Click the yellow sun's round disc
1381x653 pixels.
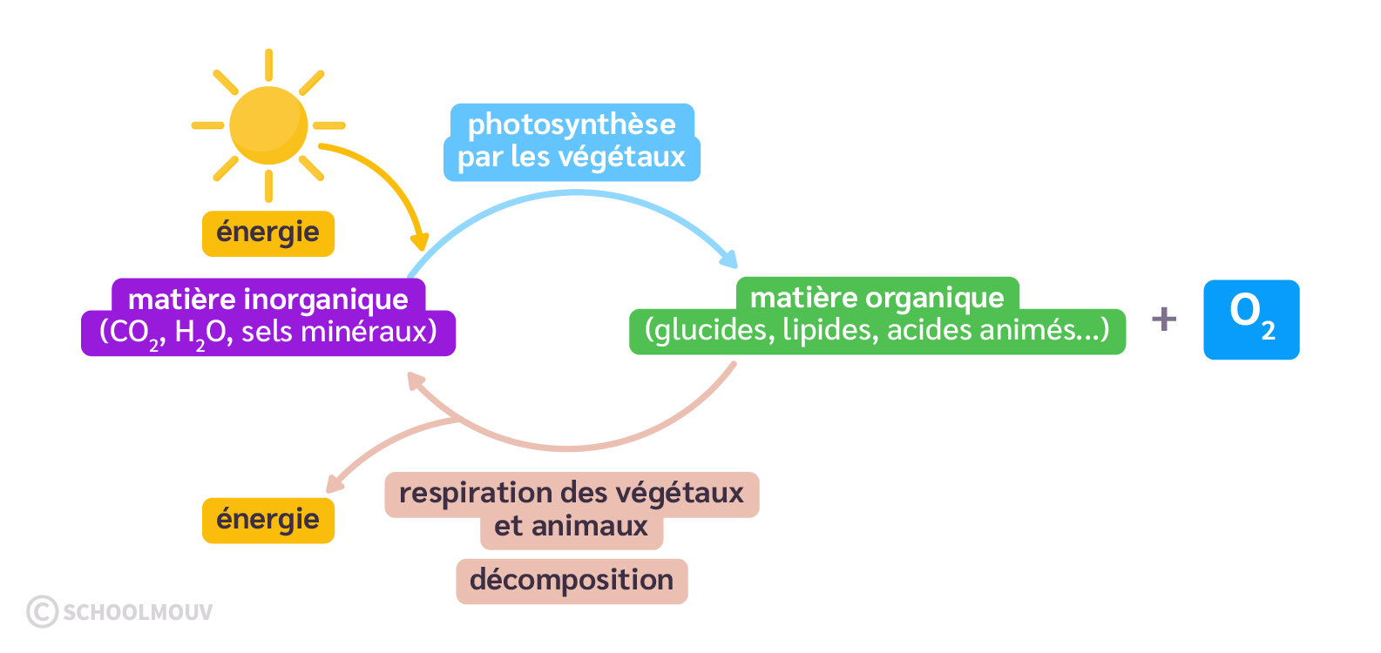tap(268, 125)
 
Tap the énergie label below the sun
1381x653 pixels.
tap(268, 233)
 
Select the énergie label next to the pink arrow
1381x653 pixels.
tap(268, 520)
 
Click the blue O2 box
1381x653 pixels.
tap(1251, 320)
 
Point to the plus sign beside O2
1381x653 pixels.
tap(1164, 319)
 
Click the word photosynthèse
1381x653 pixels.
tap(572, 125)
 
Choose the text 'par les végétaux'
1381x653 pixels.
tap(572, 158)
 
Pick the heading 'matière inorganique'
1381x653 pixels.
tap(268, 300)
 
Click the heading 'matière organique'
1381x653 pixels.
tap(877, 298)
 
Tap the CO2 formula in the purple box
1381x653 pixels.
tap(132, 333)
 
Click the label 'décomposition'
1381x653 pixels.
tap(572, 581)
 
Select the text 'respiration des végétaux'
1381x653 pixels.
tap(572, 494)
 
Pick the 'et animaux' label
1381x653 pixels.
tap(572, 527)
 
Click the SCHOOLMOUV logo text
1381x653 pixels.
tap(138, 612)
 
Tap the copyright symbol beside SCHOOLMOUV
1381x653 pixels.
tap(42, 611)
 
